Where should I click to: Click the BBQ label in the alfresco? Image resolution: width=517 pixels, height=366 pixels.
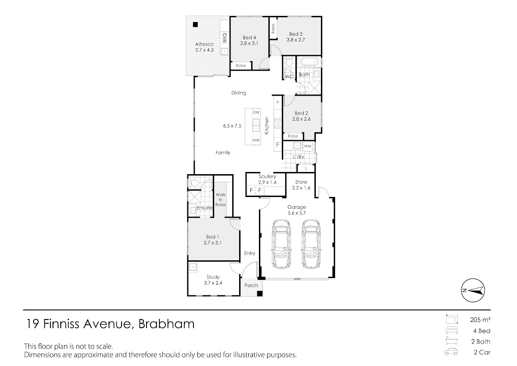point(224,38)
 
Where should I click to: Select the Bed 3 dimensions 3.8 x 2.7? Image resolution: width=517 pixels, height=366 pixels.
point(296,40)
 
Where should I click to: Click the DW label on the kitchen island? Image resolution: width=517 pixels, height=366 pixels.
point(256,113)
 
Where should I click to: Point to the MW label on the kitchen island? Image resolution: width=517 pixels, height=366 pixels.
point(256,140)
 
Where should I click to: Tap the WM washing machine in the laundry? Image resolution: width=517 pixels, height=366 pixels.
point(308,146)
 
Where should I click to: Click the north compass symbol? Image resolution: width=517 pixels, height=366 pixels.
point(473,291)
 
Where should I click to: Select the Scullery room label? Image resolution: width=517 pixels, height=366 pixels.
point(267,176)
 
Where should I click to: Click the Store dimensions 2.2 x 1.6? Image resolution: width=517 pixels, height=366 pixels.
point(301,188)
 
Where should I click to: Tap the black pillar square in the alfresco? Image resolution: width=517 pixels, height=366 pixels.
point(196,25)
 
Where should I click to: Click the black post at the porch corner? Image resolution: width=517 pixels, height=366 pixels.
point(260,294)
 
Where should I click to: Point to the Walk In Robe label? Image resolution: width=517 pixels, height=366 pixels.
point(221,200)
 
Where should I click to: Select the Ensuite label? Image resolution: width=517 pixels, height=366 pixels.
point(205,208)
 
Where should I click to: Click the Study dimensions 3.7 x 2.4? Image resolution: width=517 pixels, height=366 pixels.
point(213,283)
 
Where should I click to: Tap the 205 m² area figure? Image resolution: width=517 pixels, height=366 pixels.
point(480,320)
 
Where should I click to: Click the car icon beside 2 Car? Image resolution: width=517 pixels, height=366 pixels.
point(451,352)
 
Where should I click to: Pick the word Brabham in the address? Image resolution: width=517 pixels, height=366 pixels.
point(166,324)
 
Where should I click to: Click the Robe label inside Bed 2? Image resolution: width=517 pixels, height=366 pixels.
point(293,136)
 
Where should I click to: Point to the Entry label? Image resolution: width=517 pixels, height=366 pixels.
point(250,253)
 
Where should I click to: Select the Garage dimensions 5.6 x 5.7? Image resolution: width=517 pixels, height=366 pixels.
point(296,213)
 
